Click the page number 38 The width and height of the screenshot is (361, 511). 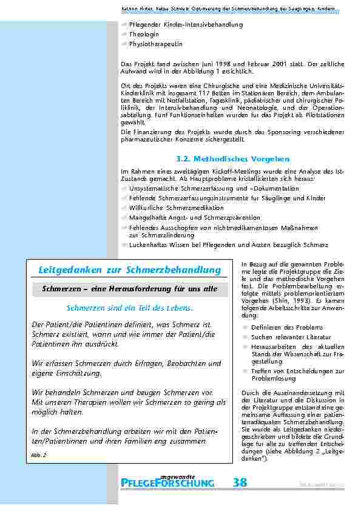point(240,482)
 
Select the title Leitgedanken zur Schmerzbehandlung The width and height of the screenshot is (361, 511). point(129,269)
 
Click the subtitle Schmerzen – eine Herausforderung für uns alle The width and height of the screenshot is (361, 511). point(129,289)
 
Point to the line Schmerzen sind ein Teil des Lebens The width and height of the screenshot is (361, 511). point(129,308)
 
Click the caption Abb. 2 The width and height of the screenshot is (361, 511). point(36,454)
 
